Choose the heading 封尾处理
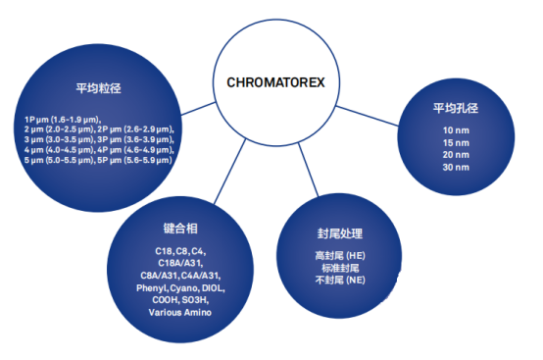[x=334, y=233]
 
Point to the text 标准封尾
[x=334, y=268]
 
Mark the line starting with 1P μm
[x=63, y=118]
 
